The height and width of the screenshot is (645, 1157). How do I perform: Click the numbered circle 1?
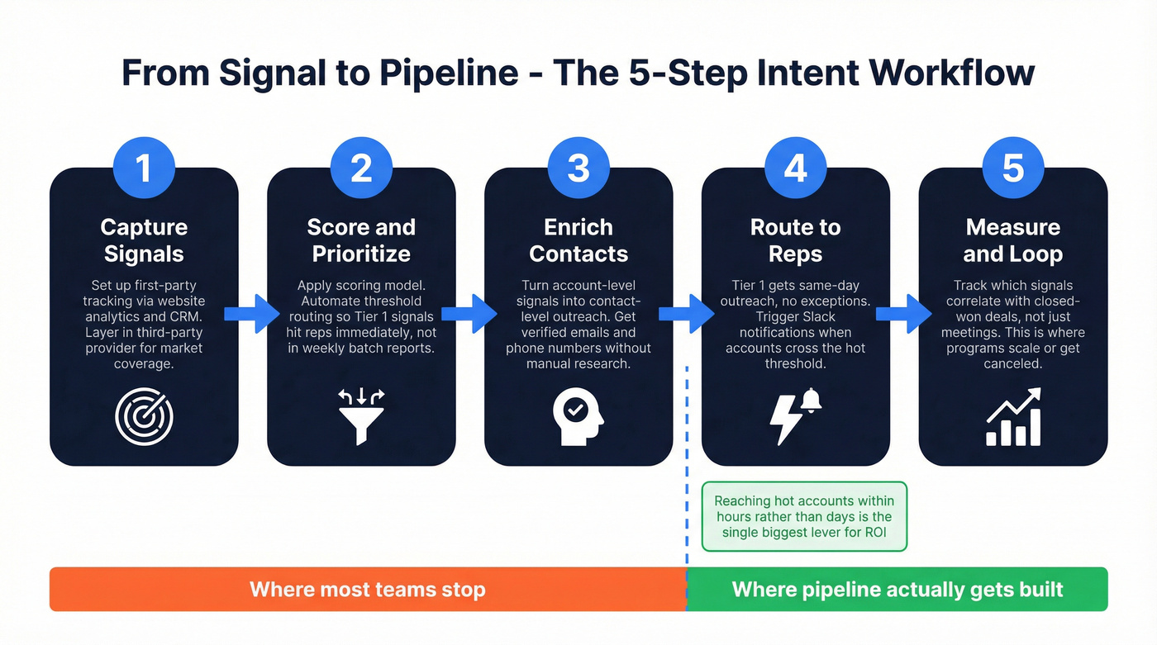click(x=144, y=168)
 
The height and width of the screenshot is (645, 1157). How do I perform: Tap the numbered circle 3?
click(x=578, y=168)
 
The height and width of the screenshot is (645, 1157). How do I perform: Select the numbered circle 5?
click(x=1013, y=168)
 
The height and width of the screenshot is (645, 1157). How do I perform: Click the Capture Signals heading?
click(x=144, y=240)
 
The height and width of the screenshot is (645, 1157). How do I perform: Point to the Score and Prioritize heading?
click(x=361, y=240)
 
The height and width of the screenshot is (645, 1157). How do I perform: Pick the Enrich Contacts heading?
click(x=578, y=240)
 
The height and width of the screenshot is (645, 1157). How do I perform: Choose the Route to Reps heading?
click(x=795, y=240)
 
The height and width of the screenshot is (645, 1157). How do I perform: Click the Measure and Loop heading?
click(x=1013, y=240)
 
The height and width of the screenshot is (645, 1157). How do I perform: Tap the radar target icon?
click(x=144, y=419)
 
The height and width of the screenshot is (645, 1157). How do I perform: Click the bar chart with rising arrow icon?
click(x=1013, y=419)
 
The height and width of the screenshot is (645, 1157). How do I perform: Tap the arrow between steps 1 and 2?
click(x=252, y=314)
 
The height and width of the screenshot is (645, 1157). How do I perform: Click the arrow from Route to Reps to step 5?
click(x=904, y=314)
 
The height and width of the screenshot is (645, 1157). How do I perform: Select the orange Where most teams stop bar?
click(x=367, y=590)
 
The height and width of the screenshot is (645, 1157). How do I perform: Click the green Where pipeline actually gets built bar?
click(x=898, y=590)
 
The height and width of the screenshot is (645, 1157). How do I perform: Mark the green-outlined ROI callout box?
click(x=804, y=516)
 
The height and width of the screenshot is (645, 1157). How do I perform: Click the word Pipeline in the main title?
click(x=448, y=73)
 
